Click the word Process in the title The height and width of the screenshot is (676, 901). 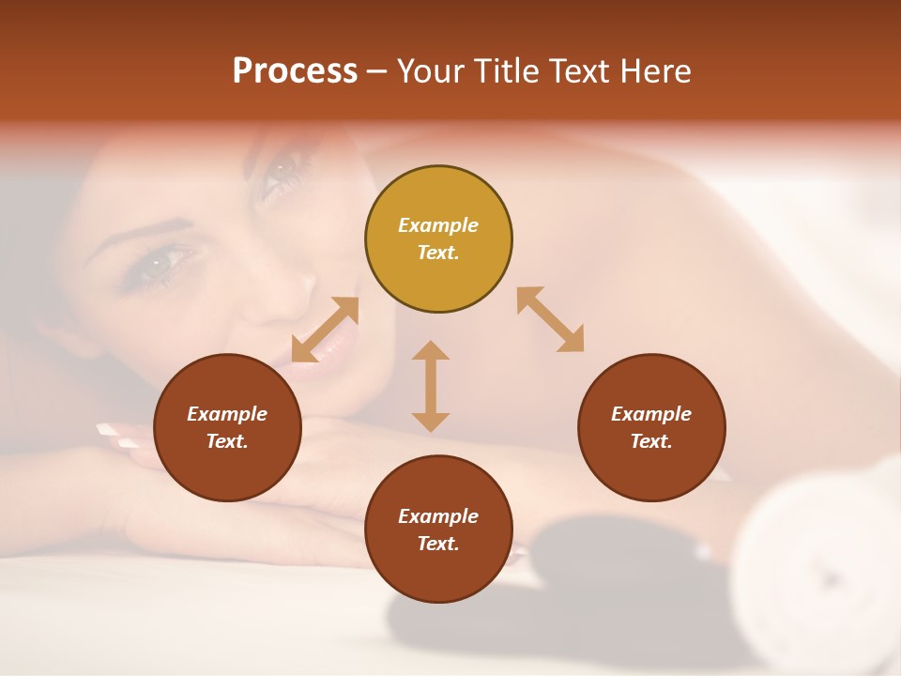[x=295, y=71]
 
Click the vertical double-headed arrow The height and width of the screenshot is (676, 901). [x=431, y=386]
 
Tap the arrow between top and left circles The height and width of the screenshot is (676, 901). [x=326, y=330]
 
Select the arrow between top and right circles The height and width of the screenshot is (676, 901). [x=550, y=319]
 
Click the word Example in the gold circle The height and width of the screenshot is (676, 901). [x=438, y=225]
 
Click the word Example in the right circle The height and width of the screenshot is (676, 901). [x=651, y=414]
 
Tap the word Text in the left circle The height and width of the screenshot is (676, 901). [x=226, y=441]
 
